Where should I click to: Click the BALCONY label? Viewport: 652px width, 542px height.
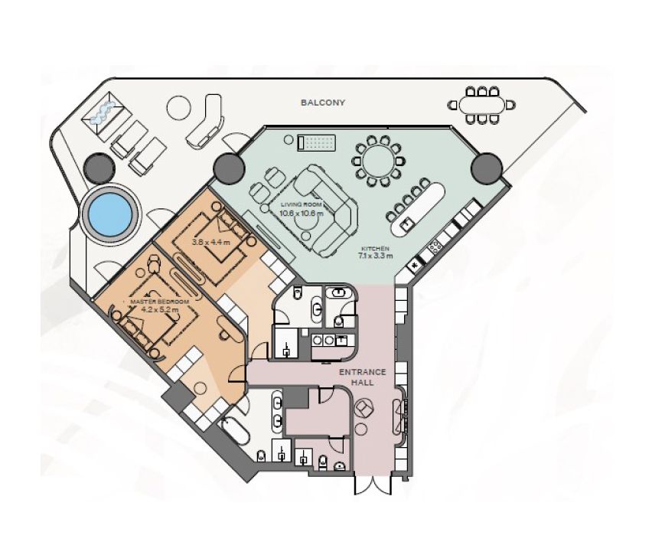[323, 103]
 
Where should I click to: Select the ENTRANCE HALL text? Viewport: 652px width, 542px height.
[362, 377]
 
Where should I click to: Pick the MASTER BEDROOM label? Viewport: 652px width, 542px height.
[160, 302]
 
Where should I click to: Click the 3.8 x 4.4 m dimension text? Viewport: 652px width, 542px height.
[210, 242]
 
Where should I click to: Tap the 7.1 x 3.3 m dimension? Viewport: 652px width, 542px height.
[375, 256]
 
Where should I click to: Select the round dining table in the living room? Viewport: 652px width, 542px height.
[378, 161]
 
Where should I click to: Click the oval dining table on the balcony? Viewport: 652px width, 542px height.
[481, 105]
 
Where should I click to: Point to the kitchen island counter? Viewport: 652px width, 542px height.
[418, 208]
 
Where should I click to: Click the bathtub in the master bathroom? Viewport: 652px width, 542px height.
[234, 433]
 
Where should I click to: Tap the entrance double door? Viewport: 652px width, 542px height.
[373, 485]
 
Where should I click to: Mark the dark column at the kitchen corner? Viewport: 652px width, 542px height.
[487, 168]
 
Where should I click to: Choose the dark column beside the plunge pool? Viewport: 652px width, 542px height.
[99, 168]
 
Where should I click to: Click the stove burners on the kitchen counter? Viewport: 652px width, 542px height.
[435, 247]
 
